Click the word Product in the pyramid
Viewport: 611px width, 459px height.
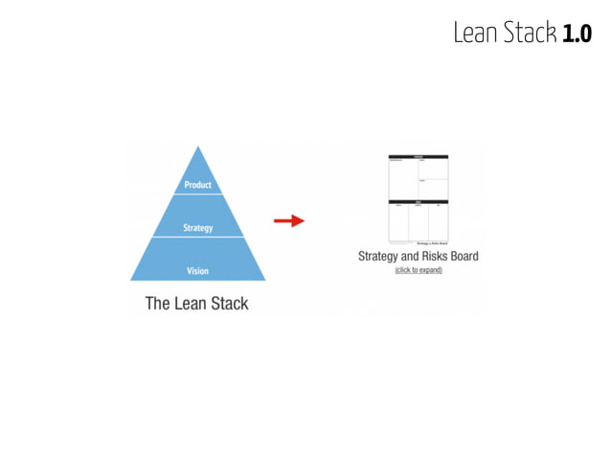pos(197,185)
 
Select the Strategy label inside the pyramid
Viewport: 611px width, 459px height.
pos(197,228)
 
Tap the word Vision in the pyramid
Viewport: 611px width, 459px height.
pos(197,271)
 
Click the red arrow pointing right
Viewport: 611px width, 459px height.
pos(288,220)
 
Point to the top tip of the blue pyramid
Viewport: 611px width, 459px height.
pos(198,147)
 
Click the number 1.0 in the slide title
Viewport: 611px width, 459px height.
pos(577,34)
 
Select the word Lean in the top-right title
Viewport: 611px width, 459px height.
pos(475,34)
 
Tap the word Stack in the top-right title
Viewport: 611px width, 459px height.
pos(529,34)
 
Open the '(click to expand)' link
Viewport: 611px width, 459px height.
pos(419,270)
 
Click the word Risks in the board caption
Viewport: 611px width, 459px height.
pos(431,256)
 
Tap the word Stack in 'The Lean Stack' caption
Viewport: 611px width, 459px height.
pos(227,304)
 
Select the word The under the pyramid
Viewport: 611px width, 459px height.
pos(156,304)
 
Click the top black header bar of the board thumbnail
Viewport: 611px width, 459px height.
pos(419,157)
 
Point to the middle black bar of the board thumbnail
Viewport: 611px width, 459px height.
pos(419,201)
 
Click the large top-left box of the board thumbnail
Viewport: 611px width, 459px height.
pos(403,178)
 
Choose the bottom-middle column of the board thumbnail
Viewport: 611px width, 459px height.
pos(419,222)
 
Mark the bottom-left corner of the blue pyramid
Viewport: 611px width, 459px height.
pos(131,280)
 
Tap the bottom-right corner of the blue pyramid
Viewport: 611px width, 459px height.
pos(265,280)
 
